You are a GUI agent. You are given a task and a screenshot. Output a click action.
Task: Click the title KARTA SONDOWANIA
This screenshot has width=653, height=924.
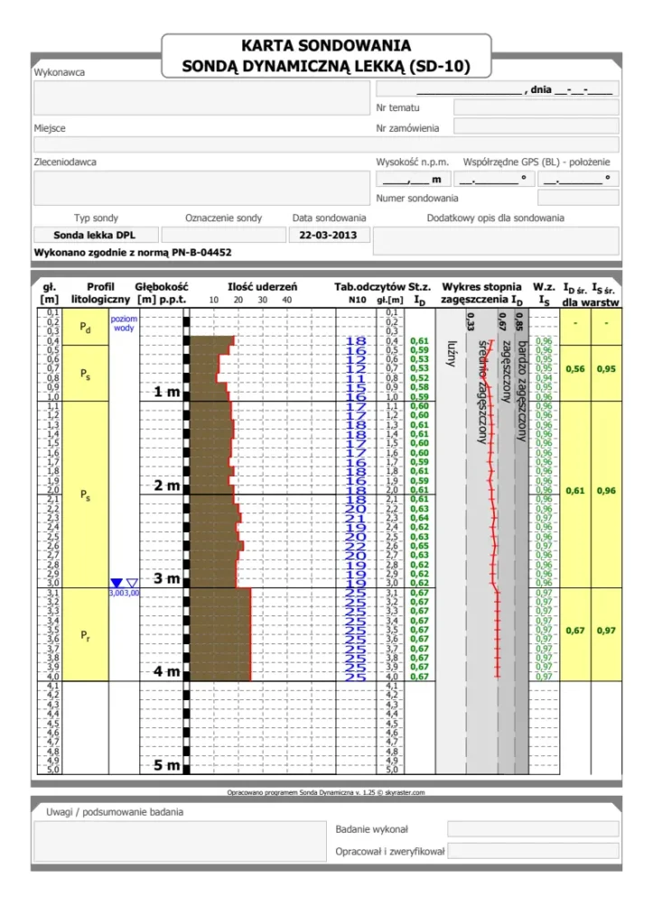[x=326, y=45]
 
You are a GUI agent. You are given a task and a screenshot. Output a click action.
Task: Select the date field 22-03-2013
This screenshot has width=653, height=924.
[x=329, y=236]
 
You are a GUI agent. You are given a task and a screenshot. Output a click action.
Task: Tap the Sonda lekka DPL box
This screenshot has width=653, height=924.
[x=94, y=236]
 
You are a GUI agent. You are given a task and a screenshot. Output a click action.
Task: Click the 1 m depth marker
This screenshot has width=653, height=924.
[x=167, y=393]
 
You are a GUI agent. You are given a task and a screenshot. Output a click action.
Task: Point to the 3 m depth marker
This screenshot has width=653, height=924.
[x=167, y=578]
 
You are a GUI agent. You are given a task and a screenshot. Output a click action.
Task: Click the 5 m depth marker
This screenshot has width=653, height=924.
[x=167, y=765]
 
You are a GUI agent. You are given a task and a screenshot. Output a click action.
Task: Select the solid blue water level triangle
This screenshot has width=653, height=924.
[x=116, y=584]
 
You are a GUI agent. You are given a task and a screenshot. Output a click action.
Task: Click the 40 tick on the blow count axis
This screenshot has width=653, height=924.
[x=287, y=300]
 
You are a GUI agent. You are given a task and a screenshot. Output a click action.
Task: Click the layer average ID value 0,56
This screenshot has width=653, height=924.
[x=574, y=369]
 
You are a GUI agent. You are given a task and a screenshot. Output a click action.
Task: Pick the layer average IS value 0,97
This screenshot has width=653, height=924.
[x=606, y=631]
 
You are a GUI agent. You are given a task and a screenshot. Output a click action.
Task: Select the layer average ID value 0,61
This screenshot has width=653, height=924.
[x=574, y=491]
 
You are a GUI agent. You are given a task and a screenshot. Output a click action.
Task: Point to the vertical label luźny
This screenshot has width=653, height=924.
[x=451, y=357]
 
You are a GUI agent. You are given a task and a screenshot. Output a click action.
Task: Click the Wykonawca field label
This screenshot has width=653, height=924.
[x=59, y=72]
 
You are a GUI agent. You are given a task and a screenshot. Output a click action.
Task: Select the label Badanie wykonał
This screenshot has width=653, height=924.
[x=371, y=828]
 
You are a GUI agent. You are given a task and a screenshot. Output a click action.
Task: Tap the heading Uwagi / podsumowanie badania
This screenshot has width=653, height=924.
[x=115, y=812]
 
